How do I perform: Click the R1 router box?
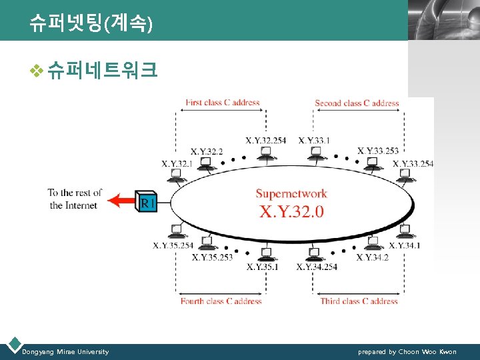(x=147, y=201)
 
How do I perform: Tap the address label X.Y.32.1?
(x=176, y=164)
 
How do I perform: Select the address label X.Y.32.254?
(x=265, y=140)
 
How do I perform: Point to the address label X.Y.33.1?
(x=314, y=140)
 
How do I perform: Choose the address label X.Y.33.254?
(x=413, y=164)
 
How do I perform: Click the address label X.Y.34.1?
(x=405, y=245)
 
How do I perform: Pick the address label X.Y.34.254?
(x=317, y=267)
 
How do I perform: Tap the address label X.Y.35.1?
(x=263, y=267)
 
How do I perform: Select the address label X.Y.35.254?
(x=173, y=245)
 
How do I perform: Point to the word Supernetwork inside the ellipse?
(x=291, y=194)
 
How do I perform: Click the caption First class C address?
(x=222, y=103)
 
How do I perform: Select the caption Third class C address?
(x=358, y=301)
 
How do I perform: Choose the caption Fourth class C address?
(x=221, y=301)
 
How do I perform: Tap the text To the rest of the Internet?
(x=74, y=199)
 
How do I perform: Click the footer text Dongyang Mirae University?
(x=65, y=352)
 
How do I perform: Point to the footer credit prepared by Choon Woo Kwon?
(x=407, y=352)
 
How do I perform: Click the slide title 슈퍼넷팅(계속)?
(x=91, y=24)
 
